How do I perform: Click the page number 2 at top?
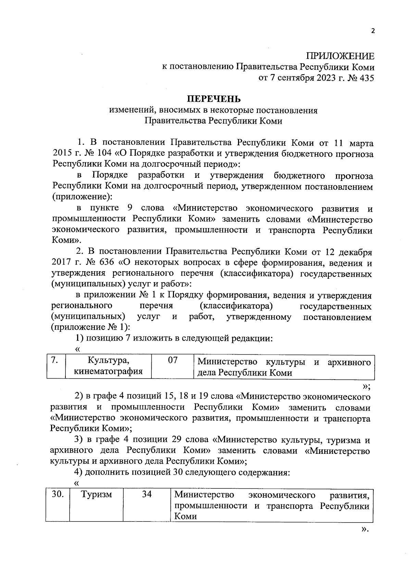click(x=373, y=31)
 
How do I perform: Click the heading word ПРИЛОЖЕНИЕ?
click(x=340, y=56)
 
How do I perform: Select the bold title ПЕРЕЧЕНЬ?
click(x=213, y=99)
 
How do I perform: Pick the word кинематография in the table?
click(x=108, y=371)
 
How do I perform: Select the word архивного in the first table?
click(x=349, y=362)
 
